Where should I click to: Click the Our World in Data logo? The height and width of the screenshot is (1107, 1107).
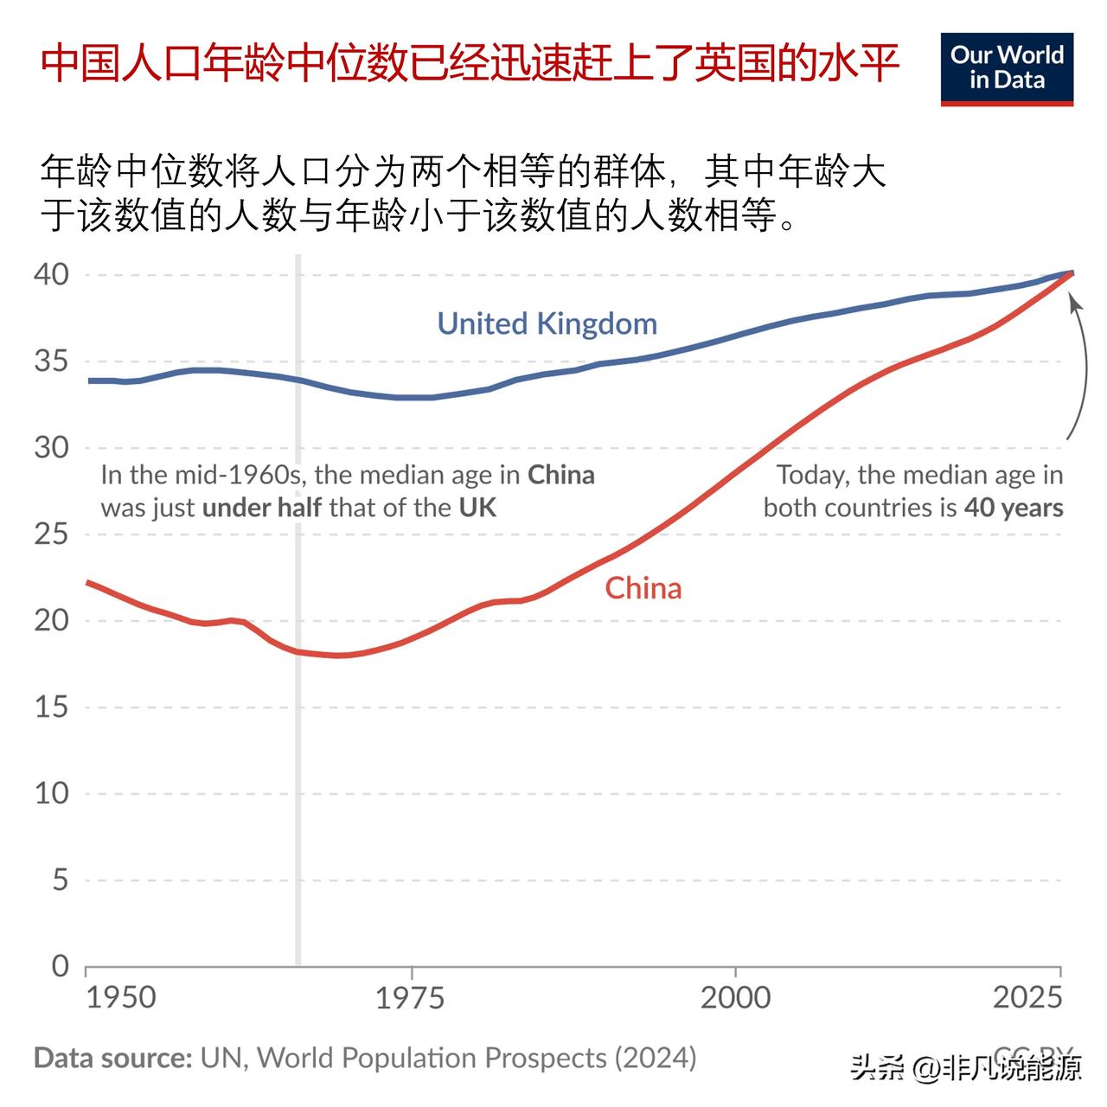1007,69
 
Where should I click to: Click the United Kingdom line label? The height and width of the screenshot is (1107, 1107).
547,323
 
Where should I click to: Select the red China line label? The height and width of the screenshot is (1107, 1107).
643,588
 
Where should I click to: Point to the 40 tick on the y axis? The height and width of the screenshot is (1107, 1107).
51,274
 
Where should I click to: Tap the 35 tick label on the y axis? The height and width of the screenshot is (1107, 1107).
51,361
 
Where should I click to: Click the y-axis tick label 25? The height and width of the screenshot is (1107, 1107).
51,534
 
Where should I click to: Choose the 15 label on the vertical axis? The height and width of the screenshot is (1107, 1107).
51,707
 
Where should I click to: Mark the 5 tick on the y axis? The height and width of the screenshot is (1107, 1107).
59,880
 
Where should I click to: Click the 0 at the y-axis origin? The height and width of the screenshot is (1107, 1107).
59,965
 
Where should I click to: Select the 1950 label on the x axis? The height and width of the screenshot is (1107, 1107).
121,997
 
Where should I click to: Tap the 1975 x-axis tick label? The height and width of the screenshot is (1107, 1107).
410,997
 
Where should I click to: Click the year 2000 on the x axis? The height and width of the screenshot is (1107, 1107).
735,997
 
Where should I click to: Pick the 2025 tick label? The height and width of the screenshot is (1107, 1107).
1027,997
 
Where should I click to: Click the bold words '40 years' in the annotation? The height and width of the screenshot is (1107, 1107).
1014,507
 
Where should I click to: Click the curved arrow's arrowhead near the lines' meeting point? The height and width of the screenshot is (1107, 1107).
1074,302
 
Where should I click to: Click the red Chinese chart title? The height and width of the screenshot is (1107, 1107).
470,64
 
